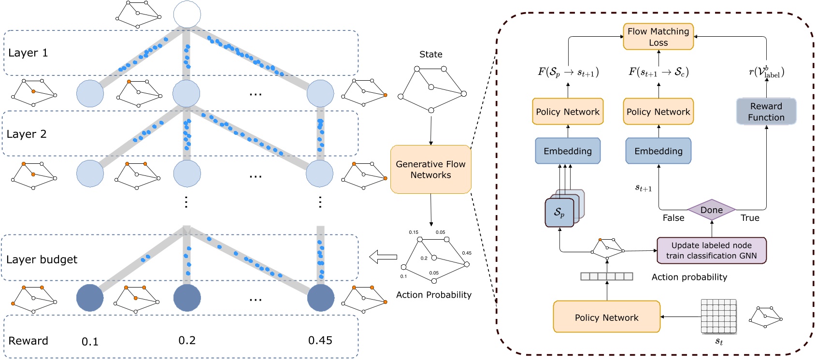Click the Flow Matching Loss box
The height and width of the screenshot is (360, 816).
(x=658, y=37)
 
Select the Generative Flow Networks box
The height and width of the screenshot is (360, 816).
(x=430, y=170)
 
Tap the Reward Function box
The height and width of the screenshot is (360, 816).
(x=766, y=112)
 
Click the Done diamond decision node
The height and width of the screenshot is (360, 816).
(x=711, y=210)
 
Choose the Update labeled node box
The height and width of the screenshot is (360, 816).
(x=711, y=250)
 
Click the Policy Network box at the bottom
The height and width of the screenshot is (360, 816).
(x=606, y=317)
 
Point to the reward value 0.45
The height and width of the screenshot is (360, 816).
(x=320, y=340)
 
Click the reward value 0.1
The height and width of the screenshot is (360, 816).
(x=90, y=342)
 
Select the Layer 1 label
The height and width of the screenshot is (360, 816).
(x=28, y=53)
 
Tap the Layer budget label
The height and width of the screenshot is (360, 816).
(x=42, y=259)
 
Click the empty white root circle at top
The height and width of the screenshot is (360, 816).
(x=187, y=14)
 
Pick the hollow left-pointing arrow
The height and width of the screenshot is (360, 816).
(x=383, y=257)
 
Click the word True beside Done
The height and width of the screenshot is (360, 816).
(x=750, y=218)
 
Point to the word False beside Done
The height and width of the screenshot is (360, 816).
(x=673, y=218)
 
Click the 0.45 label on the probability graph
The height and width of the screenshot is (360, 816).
(x=466, y=253)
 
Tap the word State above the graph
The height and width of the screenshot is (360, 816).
(x=430, y=54)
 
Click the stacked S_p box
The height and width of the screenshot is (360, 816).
(x=559, y=212)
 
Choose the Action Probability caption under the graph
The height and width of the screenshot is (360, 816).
(x=433, y=295)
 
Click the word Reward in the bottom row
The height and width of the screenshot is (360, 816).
(x=28, y=341)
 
